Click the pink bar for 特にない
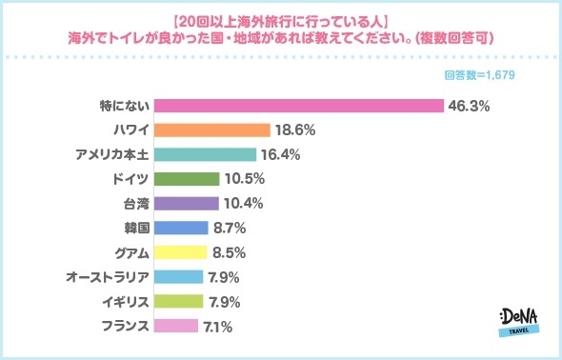pos(298,105)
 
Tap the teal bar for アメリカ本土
pos(205,154)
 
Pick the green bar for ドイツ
pos(187,179)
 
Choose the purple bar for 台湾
pos(186,204)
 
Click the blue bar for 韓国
pos(181,229)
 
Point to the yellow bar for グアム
pos(180,253)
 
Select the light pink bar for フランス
pos(175,327)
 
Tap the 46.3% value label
pos(470,106)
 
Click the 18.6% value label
pos(295,130)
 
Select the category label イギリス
pos(122,302)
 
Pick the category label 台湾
pos(135,204)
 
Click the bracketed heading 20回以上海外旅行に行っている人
pos(281,19)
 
